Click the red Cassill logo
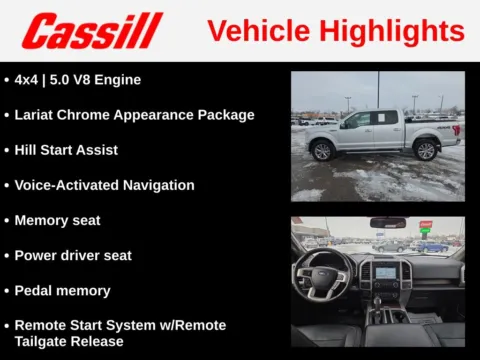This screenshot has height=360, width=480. point(92,31)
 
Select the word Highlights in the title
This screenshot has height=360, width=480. point(394,30)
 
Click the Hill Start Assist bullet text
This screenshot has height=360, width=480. point(66,150)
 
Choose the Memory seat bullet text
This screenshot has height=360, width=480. point(57,220)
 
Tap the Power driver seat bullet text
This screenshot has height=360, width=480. point(73,255)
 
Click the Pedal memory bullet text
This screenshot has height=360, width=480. point(62,290)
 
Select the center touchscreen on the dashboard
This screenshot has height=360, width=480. point(386,271)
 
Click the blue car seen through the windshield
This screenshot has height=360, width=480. point(433,246)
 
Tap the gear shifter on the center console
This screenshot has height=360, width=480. point(379,299)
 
